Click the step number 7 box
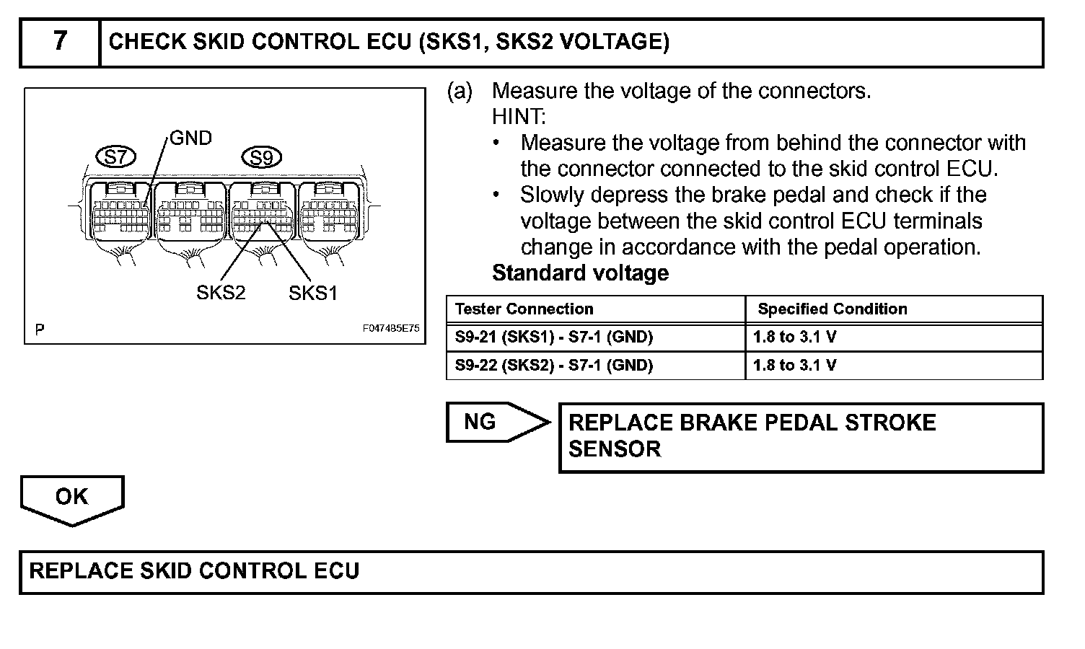click(60, 42)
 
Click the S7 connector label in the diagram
click(115, 156)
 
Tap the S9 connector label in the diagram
click(261, 157)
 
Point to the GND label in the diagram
click(190, 138)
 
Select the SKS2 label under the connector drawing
click(221, 293)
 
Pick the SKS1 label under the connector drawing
click(313, 293)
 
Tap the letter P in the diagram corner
click(40, 330)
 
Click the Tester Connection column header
click(524, 309)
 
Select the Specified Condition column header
click(832, 309)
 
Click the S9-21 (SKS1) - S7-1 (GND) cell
click(554, 337)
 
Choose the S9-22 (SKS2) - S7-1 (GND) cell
click(554, 366)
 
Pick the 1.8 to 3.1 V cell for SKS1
click(795, 337)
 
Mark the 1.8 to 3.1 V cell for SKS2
click(795, 366)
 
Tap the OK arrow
click(72, 498)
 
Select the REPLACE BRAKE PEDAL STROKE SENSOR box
click(801, 437)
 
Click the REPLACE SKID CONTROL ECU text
click(195, 571)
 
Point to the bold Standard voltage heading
click(580, 273)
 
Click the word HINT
click(519, 117)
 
